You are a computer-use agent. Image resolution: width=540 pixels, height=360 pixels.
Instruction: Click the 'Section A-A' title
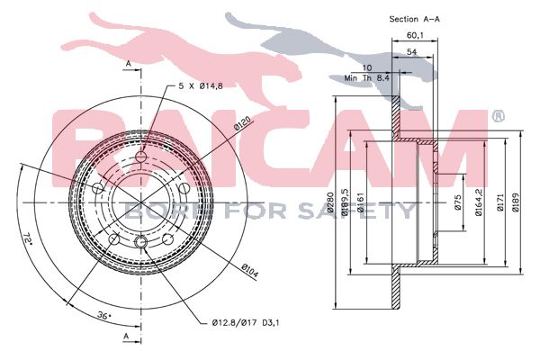coord(414,19)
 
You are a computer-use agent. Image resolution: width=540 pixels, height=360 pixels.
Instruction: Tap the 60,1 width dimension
coord(415,35)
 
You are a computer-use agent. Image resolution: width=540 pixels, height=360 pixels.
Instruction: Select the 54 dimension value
coord(411,52)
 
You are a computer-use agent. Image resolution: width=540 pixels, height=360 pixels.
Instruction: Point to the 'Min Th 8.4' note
coord(366,78)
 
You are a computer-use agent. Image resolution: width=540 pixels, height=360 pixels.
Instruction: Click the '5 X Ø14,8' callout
coord(201,86)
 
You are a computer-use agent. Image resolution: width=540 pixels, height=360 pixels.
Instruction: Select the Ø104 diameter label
coord(249,270)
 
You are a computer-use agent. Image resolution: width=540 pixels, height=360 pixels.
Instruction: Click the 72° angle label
coord(28,239)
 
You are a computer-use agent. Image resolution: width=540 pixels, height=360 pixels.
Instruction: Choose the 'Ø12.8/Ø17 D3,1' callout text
coord(246,323)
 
